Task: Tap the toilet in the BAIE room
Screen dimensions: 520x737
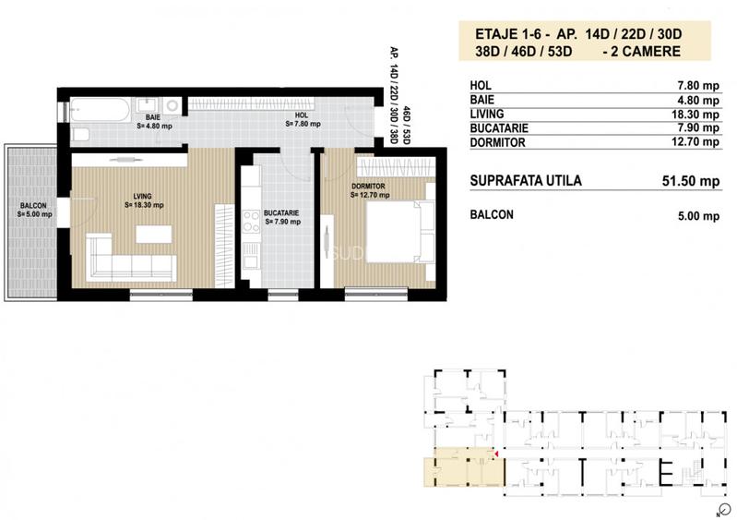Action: point(79,136)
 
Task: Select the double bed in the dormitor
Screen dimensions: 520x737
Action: point(399,227)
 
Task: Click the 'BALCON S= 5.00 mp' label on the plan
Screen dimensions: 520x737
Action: point(35,210)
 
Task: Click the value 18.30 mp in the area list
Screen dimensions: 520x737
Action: point(698,115)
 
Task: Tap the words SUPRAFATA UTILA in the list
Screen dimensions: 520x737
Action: point(526,181)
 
